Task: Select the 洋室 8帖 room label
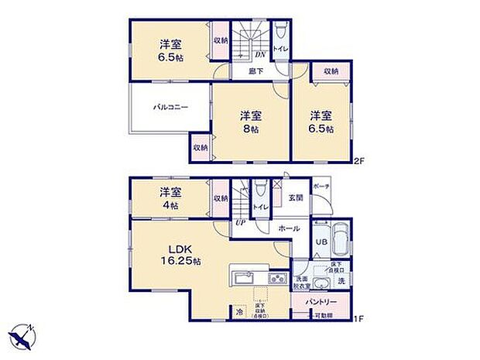pos(251,122)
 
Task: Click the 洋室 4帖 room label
pos(170,199)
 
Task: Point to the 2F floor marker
pos(358,161)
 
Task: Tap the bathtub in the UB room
pos(341,238)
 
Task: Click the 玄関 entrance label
pos(297,197)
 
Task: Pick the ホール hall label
pos(290,229)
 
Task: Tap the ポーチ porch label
pos(321,187)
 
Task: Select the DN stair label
pos(261,54)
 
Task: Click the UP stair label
pos(240,222)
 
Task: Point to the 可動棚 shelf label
pos(321,316)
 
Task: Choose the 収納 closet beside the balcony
pos(200,147)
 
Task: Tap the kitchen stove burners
pos(277,279)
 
